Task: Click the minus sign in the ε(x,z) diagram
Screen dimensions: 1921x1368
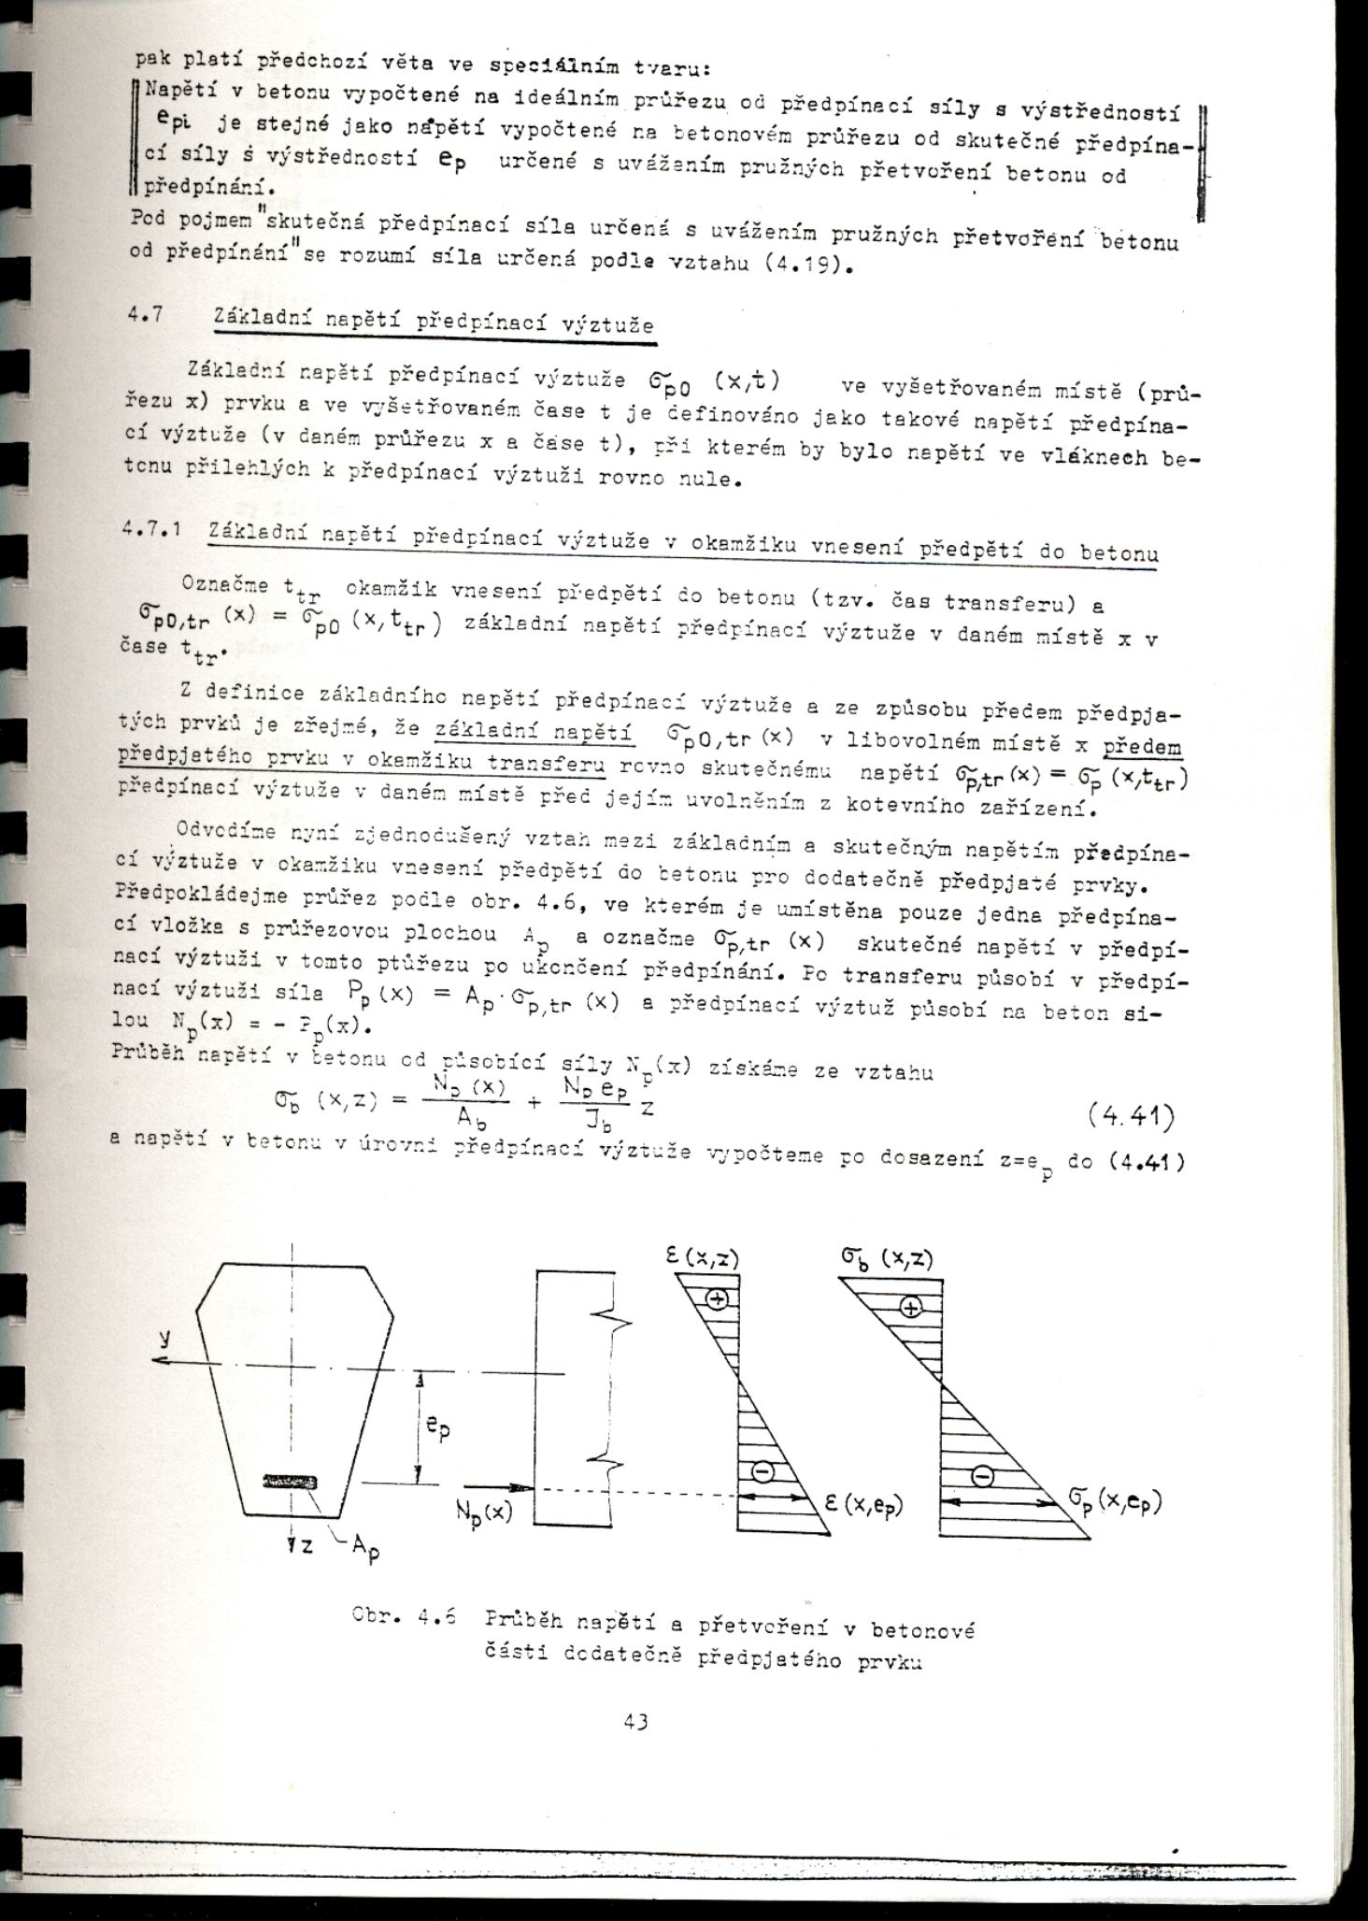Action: (762, 1471)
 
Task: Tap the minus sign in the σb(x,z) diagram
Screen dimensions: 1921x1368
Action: (981, 1476)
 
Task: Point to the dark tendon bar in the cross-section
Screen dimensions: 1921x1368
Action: (291, 1481)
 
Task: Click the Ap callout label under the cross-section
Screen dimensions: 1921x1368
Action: (363, 1547)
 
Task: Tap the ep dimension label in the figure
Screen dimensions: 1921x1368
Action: (437, 1429)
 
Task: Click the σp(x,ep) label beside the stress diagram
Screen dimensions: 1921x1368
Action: (1114, 1502)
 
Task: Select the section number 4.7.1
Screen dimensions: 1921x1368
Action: (150, 530)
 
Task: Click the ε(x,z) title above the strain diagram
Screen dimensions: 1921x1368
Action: (702, 1257)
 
